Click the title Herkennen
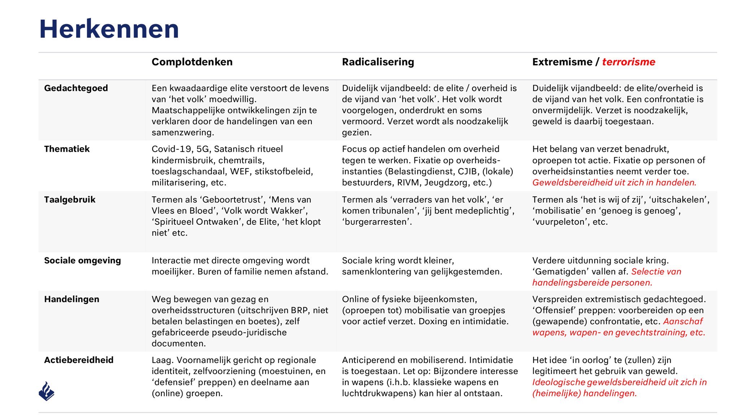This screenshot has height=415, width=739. coord(109,29)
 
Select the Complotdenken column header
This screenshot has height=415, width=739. coord(192,62)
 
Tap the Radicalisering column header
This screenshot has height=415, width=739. coord(378,62)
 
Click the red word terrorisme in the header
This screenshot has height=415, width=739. coord(629,62)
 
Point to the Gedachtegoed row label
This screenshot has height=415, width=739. coord(76,88)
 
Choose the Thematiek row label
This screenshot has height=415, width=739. coord(67,149)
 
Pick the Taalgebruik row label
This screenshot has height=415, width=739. coord(70,200)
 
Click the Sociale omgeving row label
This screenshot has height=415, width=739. coord(82,260)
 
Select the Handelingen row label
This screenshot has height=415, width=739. coord(71,299)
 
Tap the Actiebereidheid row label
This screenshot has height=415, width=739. coord(79,360)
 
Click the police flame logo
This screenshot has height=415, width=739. coord(47,391)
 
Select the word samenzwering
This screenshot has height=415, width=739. coord(183,133)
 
